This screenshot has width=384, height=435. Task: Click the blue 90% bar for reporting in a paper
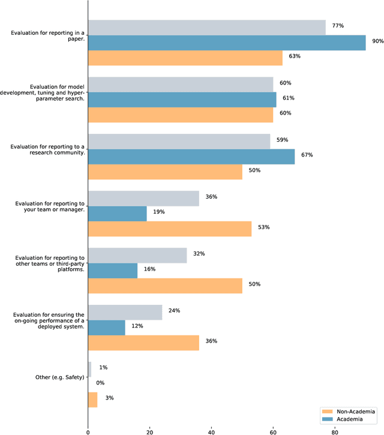(x=227, y=42)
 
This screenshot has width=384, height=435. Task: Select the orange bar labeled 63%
(x=185, y=58)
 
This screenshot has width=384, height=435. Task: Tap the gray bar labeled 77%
(x=207, y=27)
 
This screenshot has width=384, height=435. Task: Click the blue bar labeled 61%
(x=182, y=99)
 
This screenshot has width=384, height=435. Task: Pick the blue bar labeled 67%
(x=191, y=156)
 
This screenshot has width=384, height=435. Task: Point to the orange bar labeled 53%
(x=170, y=228)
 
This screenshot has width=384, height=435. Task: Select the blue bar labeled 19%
(x=117, y=213)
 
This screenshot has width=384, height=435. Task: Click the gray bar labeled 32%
(x=137, y=255)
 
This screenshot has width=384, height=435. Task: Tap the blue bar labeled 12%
(x=106, y=327)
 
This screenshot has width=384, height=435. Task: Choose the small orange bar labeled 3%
(x=92, y=399)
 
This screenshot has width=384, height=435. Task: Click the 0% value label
(x=100, y=383)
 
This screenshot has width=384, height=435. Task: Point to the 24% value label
(x=175, y=311)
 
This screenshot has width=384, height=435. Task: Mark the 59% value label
(x=281, y=140)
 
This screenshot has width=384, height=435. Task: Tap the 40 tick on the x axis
(x=211, y=430)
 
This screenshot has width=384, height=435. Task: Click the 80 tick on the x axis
(x=335, y=430)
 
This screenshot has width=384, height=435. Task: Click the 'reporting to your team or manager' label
(x=50, y=206)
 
